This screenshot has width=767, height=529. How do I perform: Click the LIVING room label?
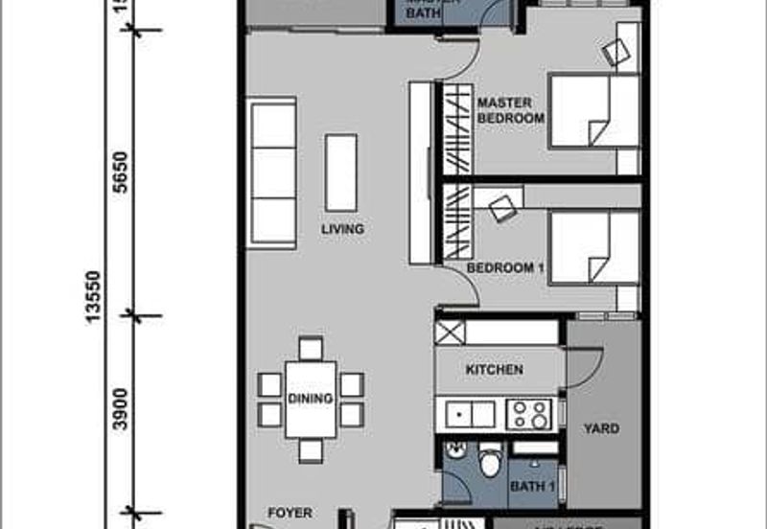tap(342, 230)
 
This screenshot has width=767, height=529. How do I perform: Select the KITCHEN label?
tap(494, 370)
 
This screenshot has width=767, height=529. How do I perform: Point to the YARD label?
tap(602, 428)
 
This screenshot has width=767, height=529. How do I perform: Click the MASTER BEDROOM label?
tap(510, 109)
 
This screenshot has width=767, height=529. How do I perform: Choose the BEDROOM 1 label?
tap(505, 269)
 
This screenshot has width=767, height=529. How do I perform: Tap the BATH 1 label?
tap(533, 487)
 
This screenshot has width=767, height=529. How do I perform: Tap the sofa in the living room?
tap(272, 172)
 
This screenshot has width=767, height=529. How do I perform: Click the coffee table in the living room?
tap(340, 172)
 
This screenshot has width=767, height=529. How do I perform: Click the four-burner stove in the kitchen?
tap(528, 414)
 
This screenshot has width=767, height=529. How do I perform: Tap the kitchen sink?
tap(470, 414)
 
